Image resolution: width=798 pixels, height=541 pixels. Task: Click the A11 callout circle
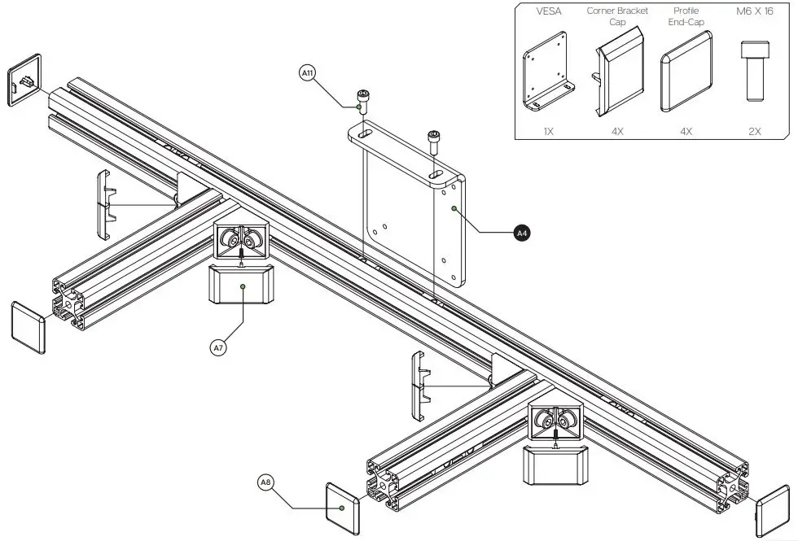(x=309, y=74)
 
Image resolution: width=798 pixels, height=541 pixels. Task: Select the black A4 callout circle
(x=522, y=233)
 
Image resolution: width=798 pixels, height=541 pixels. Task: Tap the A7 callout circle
(x=217, y=347)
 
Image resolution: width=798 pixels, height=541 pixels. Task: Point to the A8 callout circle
(x=266, y=482)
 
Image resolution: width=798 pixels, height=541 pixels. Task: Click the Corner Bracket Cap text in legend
(x=617, y=16)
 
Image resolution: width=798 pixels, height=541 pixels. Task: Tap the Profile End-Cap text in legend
(x=686, y=16)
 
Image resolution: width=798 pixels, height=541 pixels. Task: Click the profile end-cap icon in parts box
(x=687, y=73)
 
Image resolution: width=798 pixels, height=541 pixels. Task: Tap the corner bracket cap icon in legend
(x=617, y=77)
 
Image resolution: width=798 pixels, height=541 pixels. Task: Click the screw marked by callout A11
(x=361, y=103)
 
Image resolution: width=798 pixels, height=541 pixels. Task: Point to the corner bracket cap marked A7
(x=242, y=285)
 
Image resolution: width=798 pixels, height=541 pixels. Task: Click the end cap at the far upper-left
(x=24, y=80)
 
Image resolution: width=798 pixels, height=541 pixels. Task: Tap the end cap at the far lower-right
(x=772, y=512)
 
